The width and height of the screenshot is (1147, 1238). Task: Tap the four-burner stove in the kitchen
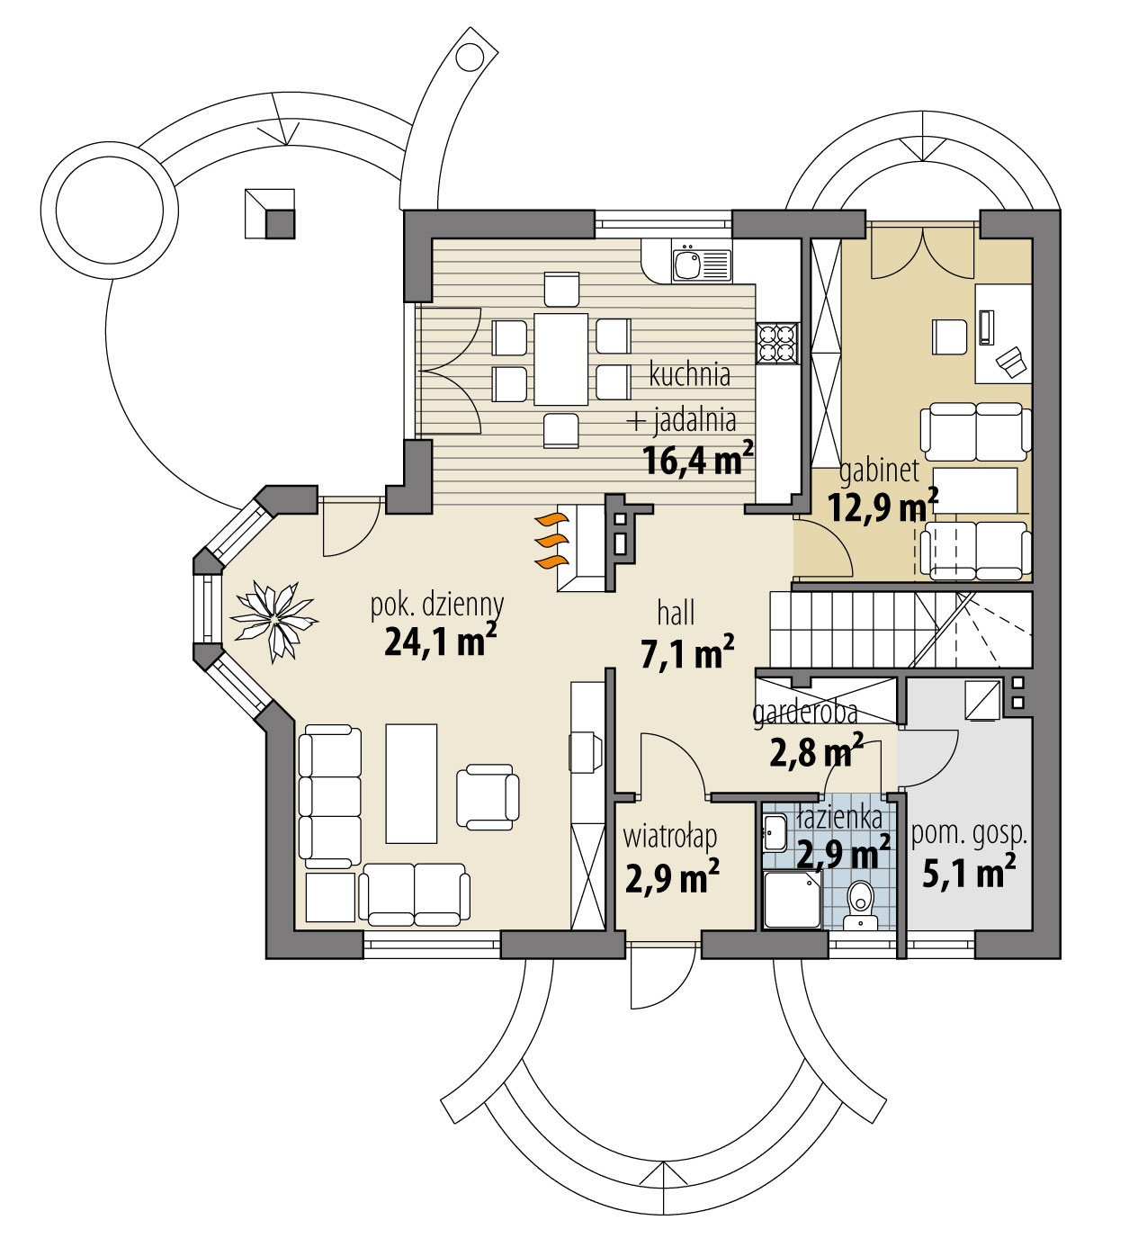pos(777,343)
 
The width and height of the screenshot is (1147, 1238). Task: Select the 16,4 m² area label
pos(697,461)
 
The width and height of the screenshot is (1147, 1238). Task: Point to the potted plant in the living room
pos(273,621)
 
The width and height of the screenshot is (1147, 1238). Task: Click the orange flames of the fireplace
pos(551,541)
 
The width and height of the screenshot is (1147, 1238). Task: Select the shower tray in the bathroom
pos(792,900)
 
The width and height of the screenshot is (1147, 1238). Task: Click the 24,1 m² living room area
pos(440,641)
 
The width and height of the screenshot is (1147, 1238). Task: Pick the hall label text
pos(676,614)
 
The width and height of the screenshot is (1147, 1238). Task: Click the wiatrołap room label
pos(670,837)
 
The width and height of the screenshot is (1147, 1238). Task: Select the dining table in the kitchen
pos(560,358)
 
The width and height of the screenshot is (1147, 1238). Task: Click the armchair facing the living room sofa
pos(487,796)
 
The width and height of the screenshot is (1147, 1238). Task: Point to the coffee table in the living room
pos(411,783)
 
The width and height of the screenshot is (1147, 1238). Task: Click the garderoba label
pos(803,713)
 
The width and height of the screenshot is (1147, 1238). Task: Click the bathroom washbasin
pos(774,832)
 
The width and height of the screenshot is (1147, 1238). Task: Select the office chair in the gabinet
pos(949,336)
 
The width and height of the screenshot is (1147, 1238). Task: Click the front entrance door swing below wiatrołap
pos(661,976)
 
